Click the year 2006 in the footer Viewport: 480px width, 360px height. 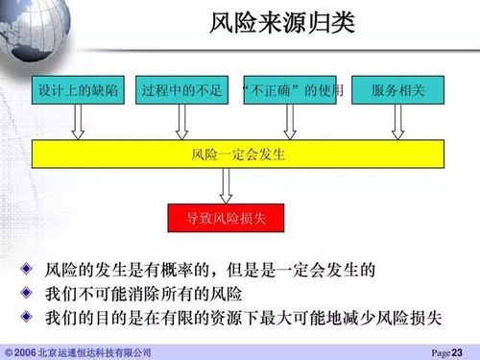click(25, 352)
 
